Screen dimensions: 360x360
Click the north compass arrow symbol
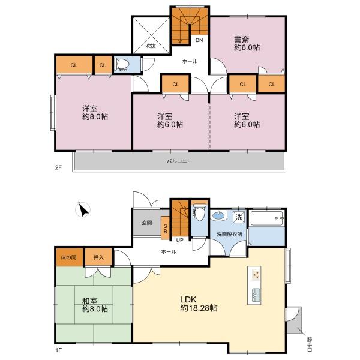83,209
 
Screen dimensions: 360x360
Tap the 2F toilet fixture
122,65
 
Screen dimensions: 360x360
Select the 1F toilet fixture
199,214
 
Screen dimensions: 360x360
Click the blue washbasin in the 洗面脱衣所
218,215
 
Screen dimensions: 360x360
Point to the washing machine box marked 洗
239,217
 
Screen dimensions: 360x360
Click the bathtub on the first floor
267,218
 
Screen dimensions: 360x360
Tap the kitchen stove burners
256,274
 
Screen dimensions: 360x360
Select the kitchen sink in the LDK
256,295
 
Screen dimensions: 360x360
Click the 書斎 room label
242,40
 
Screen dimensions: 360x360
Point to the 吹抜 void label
151,46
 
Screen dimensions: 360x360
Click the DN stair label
199,40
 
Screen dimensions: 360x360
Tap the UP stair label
179,240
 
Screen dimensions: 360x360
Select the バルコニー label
179,161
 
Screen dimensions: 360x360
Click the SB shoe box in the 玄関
165,228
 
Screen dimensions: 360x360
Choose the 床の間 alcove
69,257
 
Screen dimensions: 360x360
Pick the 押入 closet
98,257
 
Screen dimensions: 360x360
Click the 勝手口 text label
310,344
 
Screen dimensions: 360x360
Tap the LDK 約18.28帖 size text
199,308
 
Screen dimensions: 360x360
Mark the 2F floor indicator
58,167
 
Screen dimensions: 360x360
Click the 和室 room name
90,301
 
